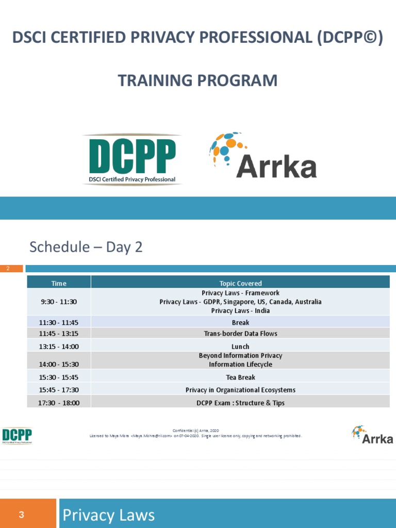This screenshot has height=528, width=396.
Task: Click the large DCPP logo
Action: click(132, 159)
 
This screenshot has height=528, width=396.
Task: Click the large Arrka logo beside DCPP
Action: click(262, 156)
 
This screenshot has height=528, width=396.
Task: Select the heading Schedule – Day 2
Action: click(86, 247)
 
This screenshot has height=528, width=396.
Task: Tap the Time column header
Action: click(59, 283)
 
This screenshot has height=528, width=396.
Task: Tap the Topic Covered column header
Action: click(240, 283)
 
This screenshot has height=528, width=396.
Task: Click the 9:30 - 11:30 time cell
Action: click(59, 302)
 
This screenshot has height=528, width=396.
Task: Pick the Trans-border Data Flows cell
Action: click(240, 334)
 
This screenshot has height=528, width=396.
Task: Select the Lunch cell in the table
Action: click(240, 346)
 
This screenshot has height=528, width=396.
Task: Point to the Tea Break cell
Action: click(240, 377)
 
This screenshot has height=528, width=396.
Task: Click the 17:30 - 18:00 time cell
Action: click(59, 403)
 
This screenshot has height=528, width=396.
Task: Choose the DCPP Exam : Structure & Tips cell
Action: click(240, 403)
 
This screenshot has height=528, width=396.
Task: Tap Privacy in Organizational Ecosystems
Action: click(240, 390)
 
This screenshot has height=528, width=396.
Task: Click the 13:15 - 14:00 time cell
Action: click(59, 346)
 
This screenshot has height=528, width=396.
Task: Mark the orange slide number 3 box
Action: click(28, 514)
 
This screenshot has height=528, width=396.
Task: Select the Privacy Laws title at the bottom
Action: click(108, 515)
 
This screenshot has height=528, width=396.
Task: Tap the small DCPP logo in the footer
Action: click(17, 436)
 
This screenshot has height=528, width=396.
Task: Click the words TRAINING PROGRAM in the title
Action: click(197, 81)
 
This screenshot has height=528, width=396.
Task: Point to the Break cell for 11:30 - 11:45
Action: click(240, 322)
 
